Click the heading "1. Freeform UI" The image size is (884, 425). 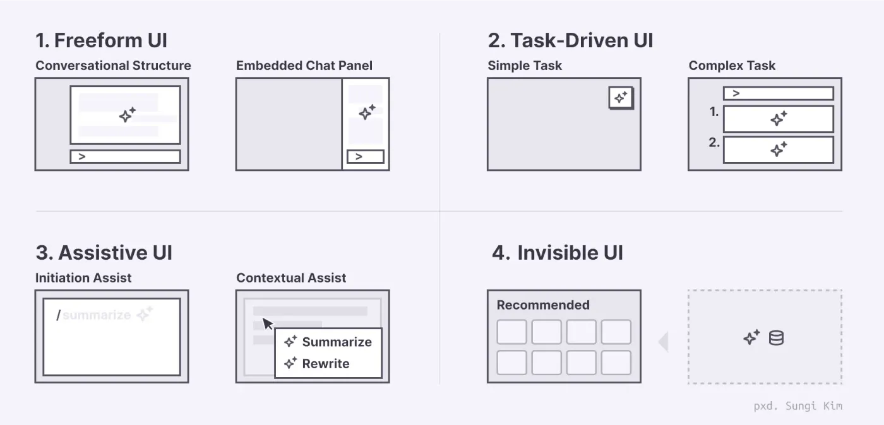coord(102,40)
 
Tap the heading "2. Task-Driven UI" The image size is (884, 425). coord(570,40)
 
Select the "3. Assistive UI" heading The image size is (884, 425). coord(104,253)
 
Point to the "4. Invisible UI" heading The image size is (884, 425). coord(557,253)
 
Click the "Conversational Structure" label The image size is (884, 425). coord(113,66)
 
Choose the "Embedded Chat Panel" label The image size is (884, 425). coord(304,66)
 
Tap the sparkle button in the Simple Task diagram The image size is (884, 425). coord(621,98)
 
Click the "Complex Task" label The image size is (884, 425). coord(732,66)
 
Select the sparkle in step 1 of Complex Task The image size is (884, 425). coord(779,119)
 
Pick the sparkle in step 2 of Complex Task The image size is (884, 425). coord(779,150)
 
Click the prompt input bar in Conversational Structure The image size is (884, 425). coord(126,156)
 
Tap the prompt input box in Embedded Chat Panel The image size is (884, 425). coord(366,156)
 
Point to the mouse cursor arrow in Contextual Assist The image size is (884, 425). coord(268,323)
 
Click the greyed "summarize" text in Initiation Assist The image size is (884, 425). coord(97,315)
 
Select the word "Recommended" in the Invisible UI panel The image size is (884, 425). coord(543,305)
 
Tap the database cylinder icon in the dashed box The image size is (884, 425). coord(776,338)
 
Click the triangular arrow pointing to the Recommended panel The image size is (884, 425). coord(664,341)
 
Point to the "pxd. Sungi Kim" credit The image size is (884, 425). coord(797,406)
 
